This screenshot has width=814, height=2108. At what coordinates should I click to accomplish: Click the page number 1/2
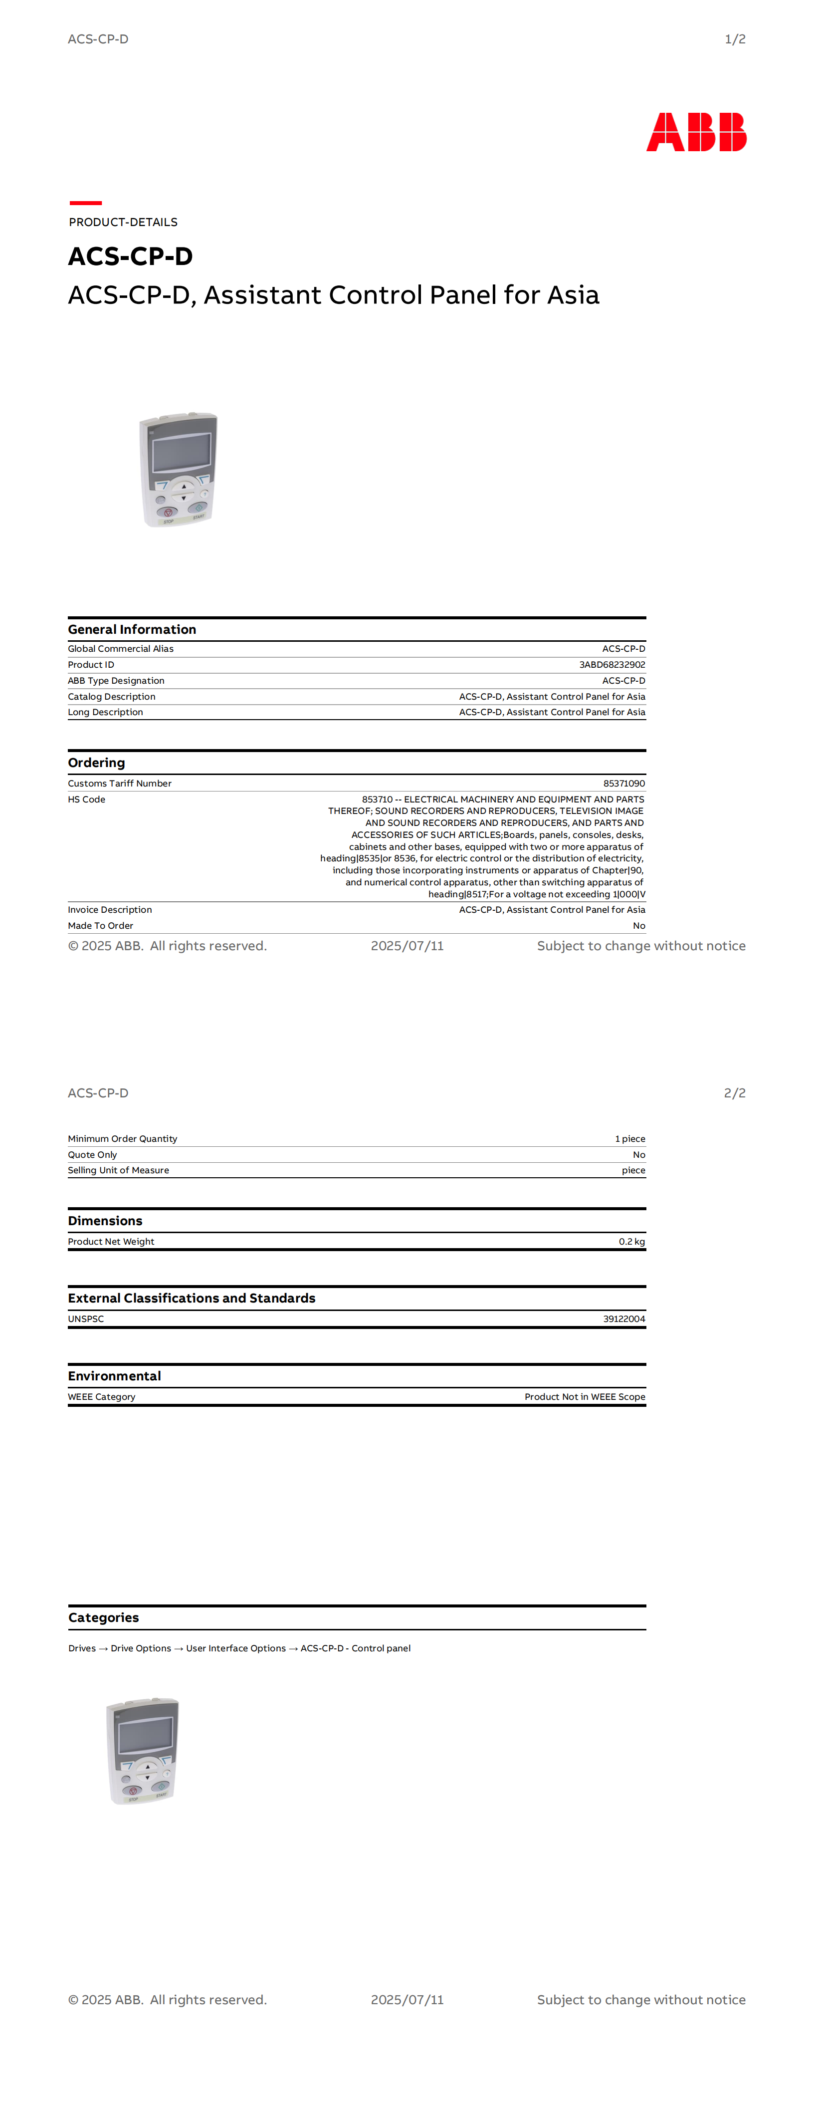point(735,39)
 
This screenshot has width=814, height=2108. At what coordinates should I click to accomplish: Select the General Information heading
point(132,629)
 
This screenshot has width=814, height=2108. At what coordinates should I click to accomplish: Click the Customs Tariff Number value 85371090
point(623,783)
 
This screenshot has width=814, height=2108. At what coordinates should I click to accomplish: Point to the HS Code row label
point(87,799)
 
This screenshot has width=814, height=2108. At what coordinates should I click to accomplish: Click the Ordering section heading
point(97,763)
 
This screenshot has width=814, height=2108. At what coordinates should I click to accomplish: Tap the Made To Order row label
point(101,926)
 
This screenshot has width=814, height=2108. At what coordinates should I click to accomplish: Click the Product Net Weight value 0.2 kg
point(631,1242)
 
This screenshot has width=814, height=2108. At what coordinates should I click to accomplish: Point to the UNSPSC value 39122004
point(623,1318)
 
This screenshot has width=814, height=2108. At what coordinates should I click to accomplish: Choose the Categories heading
point(104,1618)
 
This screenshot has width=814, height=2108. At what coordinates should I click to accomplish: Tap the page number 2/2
point(734,1093)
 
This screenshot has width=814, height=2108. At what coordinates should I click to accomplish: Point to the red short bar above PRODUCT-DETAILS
point(85,202)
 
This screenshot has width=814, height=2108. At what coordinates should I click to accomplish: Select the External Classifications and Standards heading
point(192,1298)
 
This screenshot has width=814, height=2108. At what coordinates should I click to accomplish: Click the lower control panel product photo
point(142,1751)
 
